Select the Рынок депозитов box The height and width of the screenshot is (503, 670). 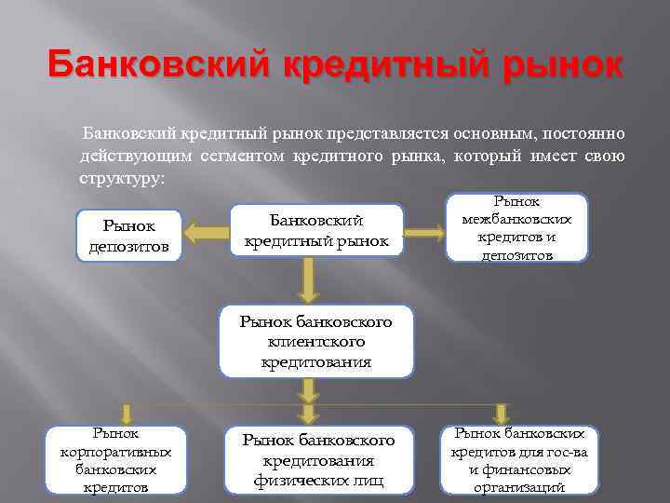tap(128, 236)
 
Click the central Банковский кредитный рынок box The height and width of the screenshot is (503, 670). tap(315, 230)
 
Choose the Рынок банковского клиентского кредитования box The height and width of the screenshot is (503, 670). tap(315, 341)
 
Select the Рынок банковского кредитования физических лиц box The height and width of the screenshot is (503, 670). tap(318, 460)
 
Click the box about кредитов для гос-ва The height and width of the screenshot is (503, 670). tap(519, 460)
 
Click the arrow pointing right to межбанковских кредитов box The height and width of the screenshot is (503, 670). tap(425, 229)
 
